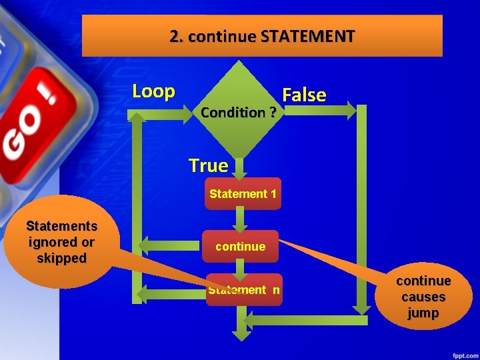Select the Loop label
pos(153,91)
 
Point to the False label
pos(304,95)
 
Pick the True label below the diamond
pos(208,165)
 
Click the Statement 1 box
pos(243,194)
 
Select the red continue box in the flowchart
pos(240,247)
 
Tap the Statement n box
pos(244,290)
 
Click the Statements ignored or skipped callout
pos(61,242)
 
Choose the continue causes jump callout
pos(423,297)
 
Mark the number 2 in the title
pos(175,36)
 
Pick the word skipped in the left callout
pos(61,258)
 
